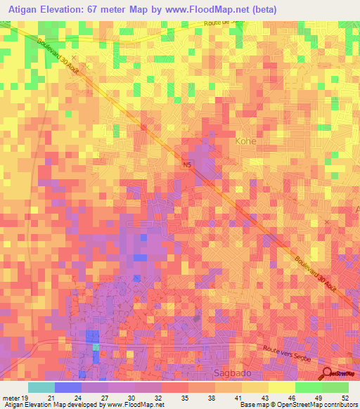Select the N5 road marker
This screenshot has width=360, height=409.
click(x=186, y=165)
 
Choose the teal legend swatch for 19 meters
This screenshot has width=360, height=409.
click(x=41, y=387)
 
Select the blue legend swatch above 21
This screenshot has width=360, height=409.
click(x=67, y=387)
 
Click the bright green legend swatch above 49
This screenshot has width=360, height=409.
click(x=308, y=387)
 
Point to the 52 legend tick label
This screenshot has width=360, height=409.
click(x=344, y=397)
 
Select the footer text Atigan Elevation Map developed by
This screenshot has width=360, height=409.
click(x=51, y=405)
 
